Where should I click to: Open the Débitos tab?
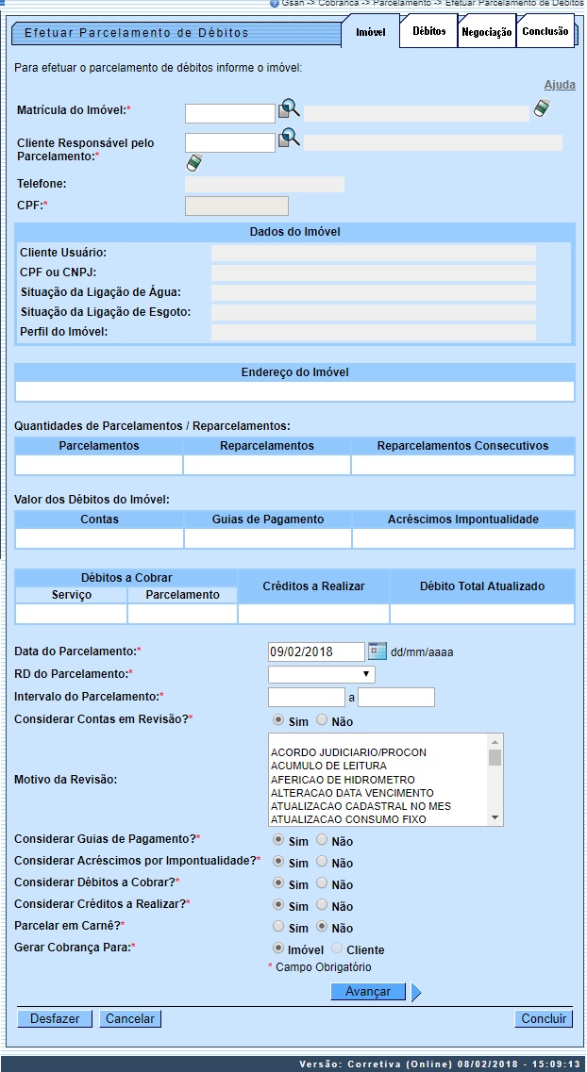[428, 31]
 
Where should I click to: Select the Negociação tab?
[486, 32]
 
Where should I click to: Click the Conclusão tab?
[545, 31]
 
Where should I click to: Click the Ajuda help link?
[560, 85]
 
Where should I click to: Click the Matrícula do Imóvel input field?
[229, 113]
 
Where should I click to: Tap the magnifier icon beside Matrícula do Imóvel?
[289, 111]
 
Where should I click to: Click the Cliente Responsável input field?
[229, 142]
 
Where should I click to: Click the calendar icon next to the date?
[377, 651]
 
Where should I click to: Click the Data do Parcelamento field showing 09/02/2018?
[316, 651]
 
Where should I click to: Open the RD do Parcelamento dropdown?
[321, 674]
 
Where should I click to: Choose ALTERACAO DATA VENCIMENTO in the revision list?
[352, 793]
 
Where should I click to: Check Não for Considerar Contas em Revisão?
[322, 720]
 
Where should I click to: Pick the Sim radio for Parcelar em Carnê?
[278, 927]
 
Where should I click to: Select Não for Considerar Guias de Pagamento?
[322, 839]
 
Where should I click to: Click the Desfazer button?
[55, 1018]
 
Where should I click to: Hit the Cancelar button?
[130, 1018]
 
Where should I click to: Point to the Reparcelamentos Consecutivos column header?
[462, 445]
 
